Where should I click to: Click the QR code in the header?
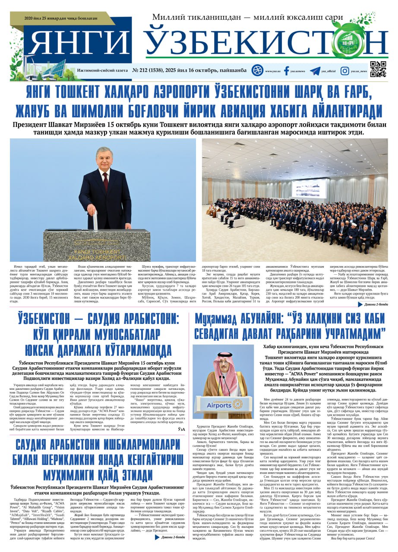point(378,69)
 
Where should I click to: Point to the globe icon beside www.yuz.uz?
point(257,70)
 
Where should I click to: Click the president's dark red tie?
point(105,181)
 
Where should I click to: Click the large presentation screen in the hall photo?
point(309,188)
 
